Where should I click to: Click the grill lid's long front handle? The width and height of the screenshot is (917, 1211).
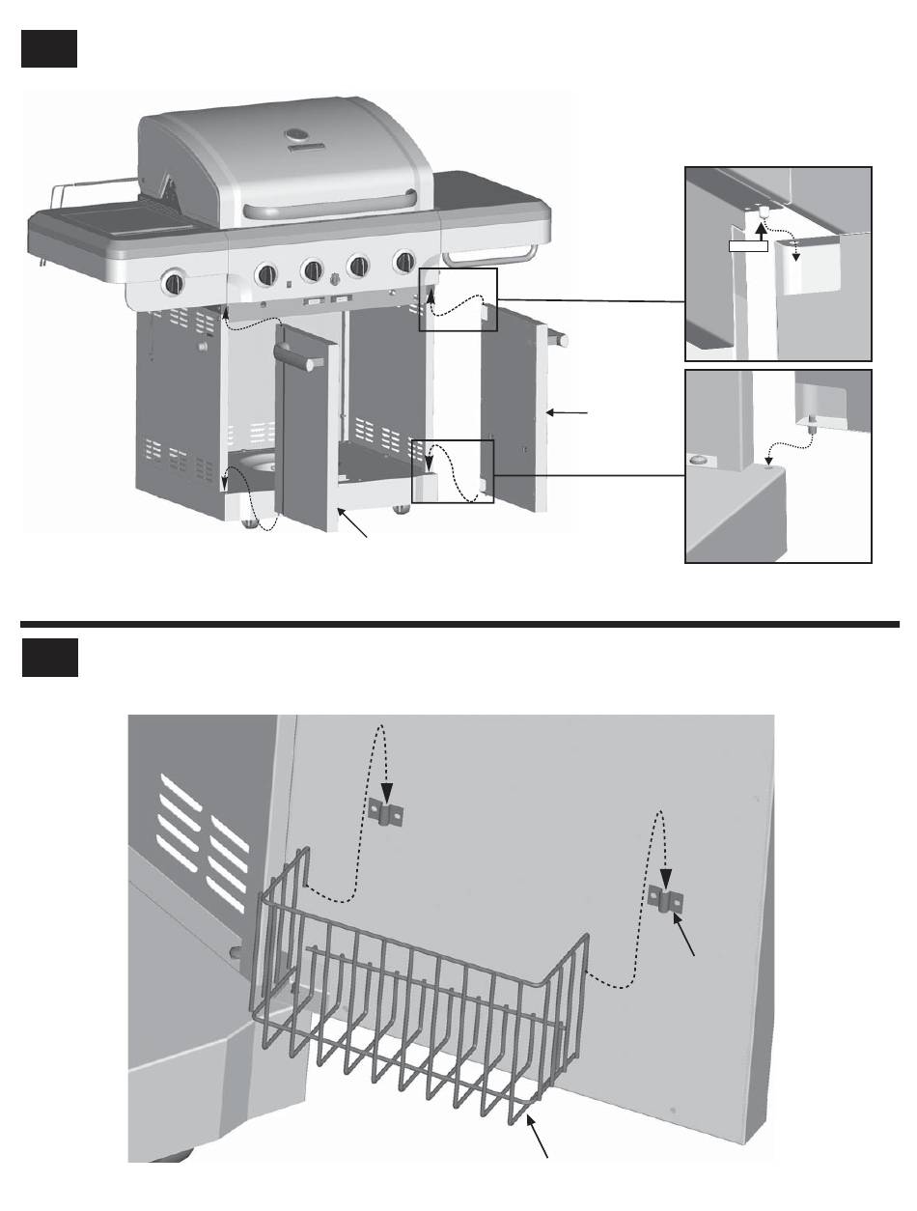point(331,205)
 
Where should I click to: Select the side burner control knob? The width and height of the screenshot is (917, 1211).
point(175,284)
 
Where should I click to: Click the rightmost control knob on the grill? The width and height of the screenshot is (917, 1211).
point(403,261)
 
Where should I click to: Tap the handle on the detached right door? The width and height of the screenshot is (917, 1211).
point(560,340)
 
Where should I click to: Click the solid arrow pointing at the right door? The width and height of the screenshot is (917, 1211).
point(570,412)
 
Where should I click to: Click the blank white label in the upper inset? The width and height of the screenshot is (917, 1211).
point(748,246)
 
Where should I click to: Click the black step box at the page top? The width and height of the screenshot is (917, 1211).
point(48,47)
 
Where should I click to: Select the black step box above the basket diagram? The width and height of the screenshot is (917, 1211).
point(48,658)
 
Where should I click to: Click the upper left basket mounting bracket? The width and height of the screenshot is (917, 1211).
point(386,813)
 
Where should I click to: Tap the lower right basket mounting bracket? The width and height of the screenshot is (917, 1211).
point(667,899)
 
